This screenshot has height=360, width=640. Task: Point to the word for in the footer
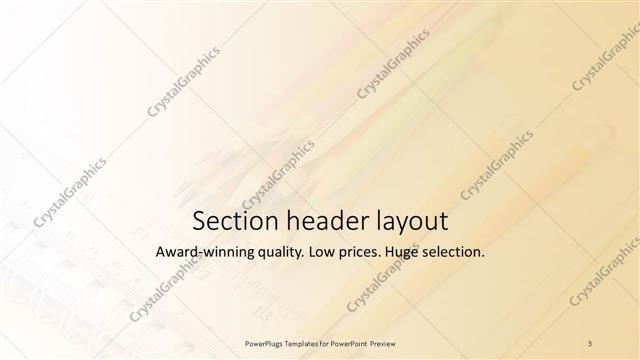tap(327, 343)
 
